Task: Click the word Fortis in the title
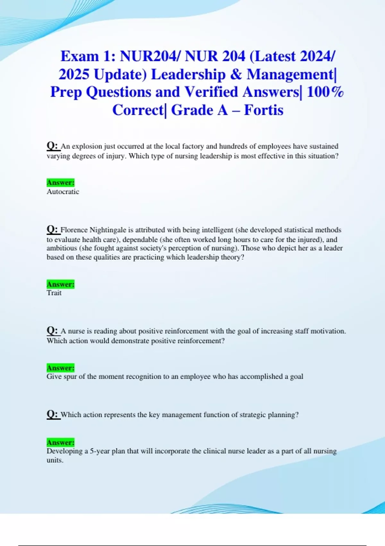[263, 110]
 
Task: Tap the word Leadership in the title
[188, 75]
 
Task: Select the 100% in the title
[325, 92]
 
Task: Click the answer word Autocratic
[63, 192]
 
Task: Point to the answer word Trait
[54, 293]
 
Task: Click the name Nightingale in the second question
[108, 230]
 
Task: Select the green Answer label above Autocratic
[60, 182]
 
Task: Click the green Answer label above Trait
[60, 284]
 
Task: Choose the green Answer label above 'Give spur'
[60, 368]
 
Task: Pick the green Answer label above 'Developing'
[60, 443]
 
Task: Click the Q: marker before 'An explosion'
[53, 146]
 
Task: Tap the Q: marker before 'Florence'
[53, 230]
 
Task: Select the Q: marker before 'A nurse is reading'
[53, 331]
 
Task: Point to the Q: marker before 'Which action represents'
[53, 414]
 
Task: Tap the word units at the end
[55, 460]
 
